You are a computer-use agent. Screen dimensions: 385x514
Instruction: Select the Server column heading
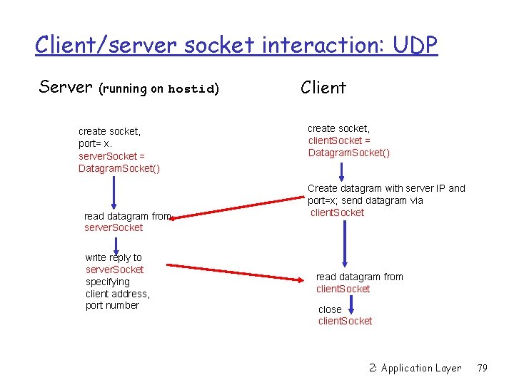coord(66,87)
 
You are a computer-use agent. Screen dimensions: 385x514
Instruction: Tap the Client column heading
coord(323,88)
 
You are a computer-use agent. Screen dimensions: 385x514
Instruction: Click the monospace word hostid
coord(191,89)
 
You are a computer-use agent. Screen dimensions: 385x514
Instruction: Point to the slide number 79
coord(482,368)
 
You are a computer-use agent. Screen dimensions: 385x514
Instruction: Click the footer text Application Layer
coord(421,368)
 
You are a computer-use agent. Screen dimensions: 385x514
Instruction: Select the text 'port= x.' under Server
coord(96,143)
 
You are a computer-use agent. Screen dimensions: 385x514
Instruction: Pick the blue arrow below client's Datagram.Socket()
coord(343,170)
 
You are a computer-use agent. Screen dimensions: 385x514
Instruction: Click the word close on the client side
coord(330,309)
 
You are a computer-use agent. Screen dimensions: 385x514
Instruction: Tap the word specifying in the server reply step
coord(108,282)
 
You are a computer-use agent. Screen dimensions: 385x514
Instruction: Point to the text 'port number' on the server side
coord(112,306)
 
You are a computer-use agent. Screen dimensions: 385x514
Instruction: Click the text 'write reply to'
coord(114,257)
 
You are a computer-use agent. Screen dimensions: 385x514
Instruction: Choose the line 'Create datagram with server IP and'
coord(385,188)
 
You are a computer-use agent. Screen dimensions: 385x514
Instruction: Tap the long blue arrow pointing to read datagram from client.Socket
coord(345,242)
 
